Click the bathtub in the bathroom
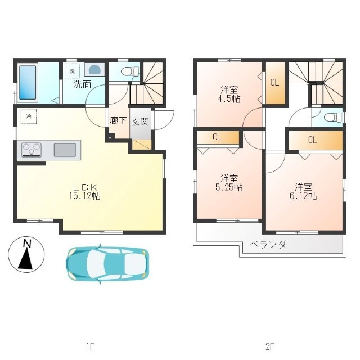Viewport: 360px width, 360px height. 28,83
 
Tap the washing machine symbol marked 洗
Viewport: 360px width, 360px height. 72,71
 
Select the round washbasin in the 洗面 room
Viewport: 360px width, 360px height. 94,69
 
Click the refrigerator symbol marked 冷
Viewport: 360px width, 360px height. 29,116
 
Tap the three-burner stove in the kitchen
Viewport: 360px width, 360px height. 31,150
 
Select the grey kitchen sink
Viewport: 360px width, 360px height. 65,150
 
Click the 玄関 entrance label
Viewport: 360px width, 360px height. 140,121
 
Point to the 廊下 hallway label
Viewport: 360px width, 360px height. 118,121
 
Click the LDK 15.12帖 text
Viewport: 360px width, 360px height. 85,191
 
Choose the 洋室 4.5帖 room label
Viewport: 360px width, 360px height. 229,94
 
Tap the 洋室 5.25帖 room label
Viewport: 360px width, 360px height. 229,183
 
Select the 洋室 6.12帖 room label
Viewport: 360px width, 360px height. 303,191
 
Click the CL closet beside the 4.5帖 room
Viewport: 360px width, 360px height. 275,83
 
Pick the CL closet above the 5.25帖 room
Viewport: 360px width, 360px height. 218,137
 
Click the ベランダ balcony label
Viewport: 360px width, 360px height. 268,244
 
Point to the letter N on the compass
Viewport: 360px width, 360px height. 28,244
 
